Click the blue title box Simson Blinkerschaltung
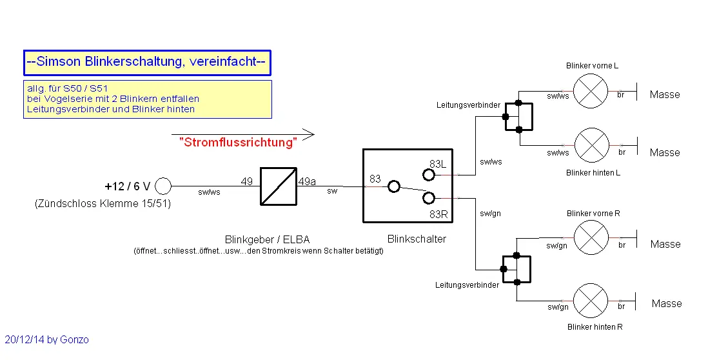click(x=147, y=63)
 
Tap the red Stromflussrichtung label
click(x=237, y=143)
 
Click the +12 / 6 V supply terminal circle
click(x=164, y=186)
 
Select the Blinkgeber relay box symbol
click(x=279, y=186)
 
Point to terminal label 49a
click(x=307, y=181)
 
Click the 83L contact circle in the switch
click(x=429, y=174)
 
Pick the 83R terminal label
click(x=438, y=214)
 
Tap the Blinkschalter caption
click(x=417, y=239)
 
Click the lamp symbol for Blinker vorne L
click(x=591, y=90)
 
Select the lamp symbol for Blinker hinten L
click(x=591, y=145)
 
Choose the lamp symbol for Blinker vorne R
click(x=591, y=237)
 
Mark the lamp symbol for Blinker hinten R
click(x=591, y=300)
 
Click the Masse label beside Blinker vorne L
click(x=665, y=95)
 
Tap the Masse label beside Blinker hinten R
click(x=666, y=303)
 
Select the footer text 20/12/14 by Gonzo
click(x=46, y=339)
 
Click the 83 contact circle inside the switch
click(x=393, y=186)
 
